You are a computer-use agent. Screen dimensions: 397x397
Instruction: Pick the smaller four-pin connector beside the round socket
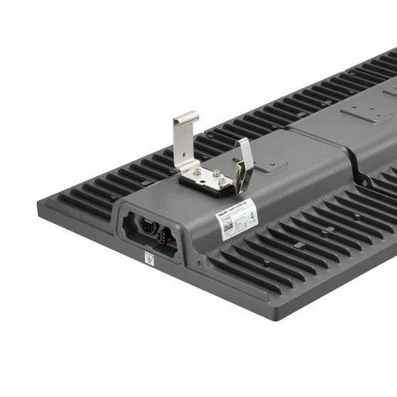pyautogui.click(x=167, y=230)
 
